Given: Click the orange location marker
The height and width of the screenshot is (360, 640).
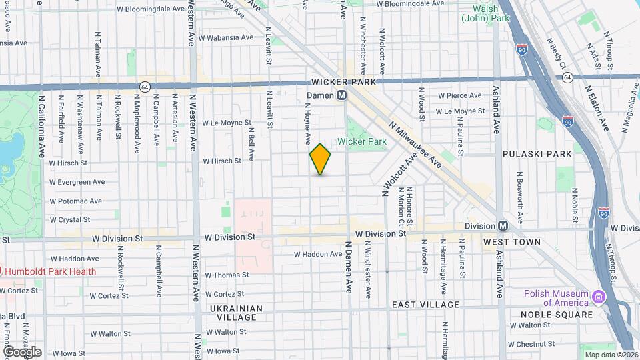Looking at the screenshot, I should click(321, 159).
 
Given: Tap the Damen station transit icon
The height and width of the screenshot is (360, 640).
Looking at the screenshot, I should click(342, 95).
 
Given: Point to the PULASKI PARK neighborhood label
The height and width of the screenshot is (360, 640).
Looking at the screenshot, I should click(537, 154).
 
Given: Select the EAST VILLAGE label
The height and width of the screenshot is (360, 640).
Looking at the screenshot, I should click(425, 305).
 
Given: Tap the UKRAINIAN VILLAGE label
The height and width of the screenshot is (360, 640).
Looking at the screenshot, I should click(233, 313).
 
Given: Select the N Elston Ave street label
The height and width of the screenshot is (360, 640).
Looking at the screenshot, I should click(597, 107).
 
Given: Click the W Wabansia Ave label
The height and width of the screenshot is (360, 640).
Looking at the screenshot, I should click(226, 38).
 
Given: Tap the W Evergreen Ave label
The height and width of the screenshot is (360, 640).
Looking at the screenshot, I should click(77, 181).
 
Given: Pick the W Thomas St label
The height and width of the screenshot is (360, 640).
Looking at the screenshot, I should click(227, 275).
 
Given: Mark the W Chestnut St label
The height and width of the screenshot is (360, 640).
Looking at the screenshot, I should click(531, 345).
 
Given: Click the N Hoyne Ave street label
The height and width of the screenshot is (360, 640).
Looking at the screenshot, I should click(309, 123).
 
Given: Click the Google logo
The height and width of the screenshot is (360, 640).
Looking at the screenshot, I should click(22, 351).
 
